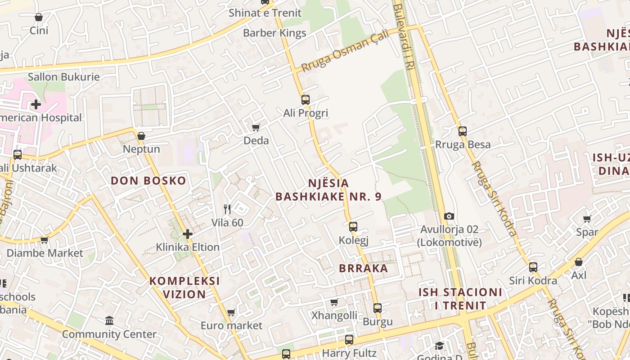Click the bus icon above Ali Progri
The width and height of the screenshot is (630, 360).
(306, 99)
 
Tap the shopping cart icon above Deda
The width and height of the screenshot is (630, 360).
(256, 127)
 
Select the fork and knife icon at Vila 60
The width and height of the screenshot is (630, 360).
(227, 209)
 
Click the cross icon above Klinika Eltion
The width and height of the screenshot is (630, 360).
(188, 234)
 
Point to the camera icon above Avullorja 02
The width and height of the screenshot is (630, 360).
(449, 216)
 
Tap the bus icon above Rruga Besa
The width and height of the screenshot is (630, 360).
(463, 131)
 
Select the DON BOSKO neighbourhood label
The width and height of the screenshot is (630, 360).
(148, 181)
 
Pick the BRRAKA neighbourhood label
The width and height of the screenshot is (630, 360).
(363, 268)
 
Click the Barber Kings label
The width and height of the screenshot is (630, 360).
(274, 33)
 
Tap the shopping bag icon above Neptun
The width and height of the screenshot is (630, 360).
(141, 136)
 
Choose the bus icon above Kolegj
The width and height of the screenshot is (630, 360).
(353, 226)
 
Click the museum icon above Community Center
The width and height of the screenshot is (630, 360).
(109, 321)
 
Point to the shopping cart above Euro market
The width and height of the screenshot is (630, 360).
(231, 312)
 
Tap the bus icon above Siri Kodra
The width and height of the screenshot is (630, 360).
(533, 267)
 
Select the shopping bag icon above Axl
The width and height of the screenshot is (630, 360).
(579, 262)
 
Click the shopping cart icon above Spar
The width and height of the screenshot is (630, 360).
(587, 219)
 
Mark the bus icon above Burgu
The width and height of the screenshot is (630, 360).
(378, 308)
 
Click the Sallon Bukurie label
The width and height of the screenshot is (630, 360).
(63, 77)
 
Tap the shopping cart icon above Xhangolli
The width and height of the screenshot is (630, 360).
(334, 302)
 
